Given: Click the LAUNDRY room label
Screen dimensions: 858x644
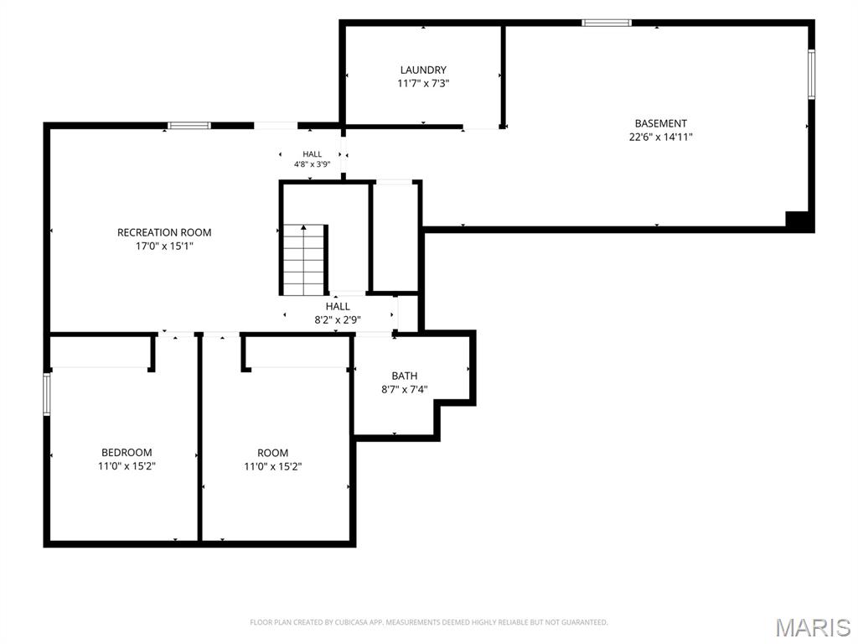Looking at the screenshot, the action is [423, 70].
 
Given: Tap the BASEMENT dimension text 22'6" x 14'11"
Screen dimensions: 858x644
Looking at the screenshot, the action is [660, 137].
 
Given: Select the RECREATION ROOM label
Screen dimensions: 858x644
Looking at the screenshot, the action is [164, 232].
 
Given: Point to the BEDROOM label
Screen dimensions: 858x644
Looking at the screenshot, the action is [127, 452].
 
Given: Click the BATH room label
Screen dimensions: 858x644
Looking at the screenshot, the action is [405, 376].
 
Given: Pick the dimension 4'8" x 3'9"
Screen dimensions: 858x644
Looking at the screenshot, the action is [312, 164].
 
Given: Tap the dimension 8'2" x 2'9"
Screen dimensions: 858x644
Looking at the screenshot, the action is [338, 319].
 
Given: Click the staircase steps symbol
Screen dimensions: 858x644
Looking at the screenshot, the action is [304, 260].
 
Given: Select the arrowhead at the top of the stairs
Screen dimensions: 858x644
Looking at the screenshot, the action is [303, 226].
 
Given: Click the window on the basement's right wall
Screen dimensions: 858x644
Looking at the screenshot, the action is [811, 75].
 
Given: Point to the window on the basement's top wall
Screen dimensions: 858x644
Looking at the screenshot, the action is [607, 23].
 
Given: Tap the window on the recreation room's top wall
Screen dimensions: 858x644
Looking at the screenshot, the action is [189, 126].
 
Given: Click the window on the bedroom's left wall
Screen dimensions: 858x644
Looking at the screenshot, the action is [47, 394].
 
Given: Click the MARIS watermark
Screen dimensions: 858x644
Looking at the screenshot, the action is [813, 627].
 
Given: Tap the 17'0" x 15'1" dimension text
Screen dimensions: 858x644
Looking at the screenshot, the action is [164, 247].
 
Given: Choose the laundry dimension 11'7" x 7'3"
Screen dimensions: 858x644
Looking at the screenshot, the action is [423, 84].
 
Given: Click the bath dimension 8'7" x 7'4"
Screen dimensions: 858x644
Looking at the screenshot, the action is [405, 390].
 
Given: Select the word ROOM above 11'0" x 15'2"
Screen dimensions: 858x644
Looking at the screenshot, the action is [272, 453].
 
